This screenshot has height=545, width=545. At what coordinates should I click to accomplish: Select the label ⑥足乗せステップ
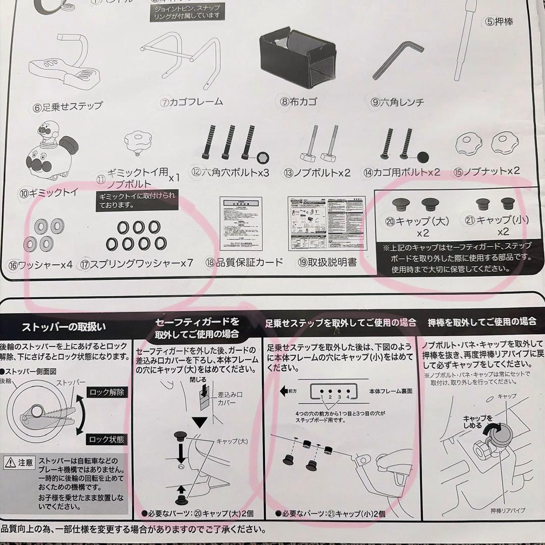68,106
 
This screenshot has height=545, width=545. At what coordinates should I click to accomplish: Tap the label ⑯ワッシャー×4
40,264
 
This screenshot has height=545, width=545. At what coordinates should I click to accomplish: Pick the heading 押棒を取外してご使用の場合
481,321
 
